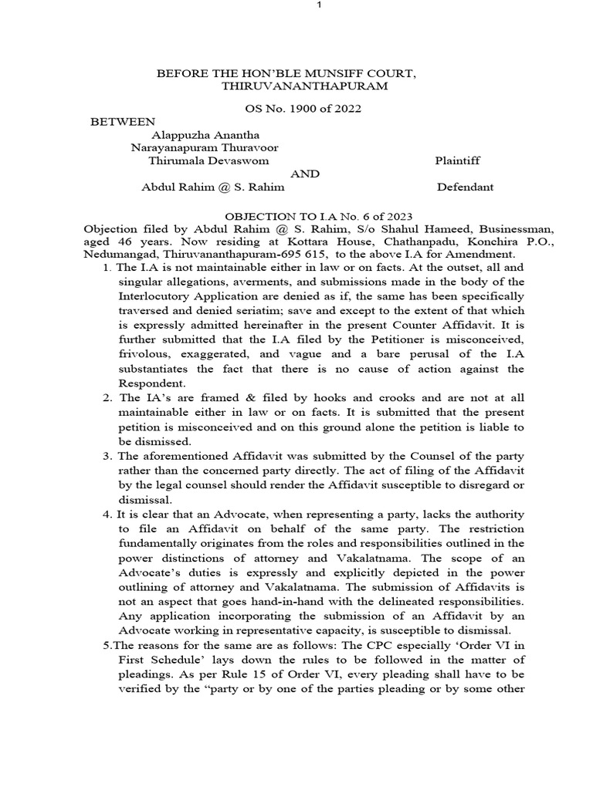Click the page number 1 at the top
pos(296,7)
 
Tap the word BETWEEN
pos(123,122)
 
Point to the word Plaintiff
pos(458,160)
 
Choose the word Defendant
pos(466,187)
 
